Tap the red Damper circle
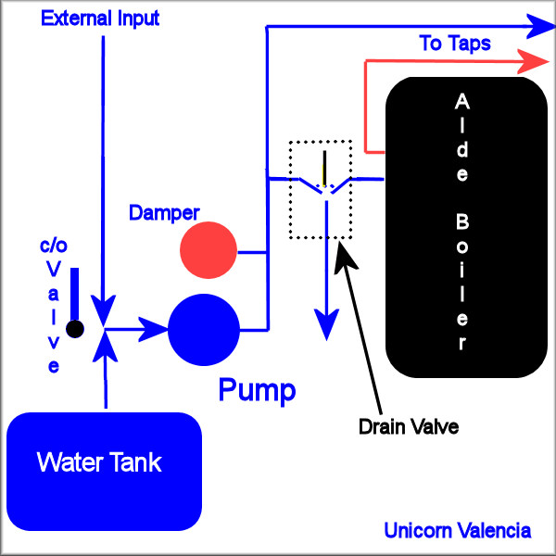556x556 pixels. click(x=209, y=250)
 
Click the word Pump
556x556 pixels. click(x=257, y=390)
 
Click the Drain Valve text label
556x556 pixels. click(x=408, y=427)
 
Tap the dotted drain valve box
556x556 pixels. click(x=321, y=190)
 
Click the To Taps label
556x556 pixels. click(x=455, y=43)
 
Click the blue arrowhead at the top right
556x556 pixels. click(x=537, y=26)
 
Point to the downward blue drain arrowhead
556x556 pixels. click(x=325, y=325)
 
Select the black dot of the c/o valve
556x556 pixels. click(x=75, y=328)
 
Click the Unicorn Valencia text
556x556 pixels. click(x=458, y=531)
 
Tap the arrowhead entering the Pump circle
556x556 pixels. click(x=154, y=326)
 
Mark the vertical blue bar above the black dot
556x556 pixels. click(x=75, y=292)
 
